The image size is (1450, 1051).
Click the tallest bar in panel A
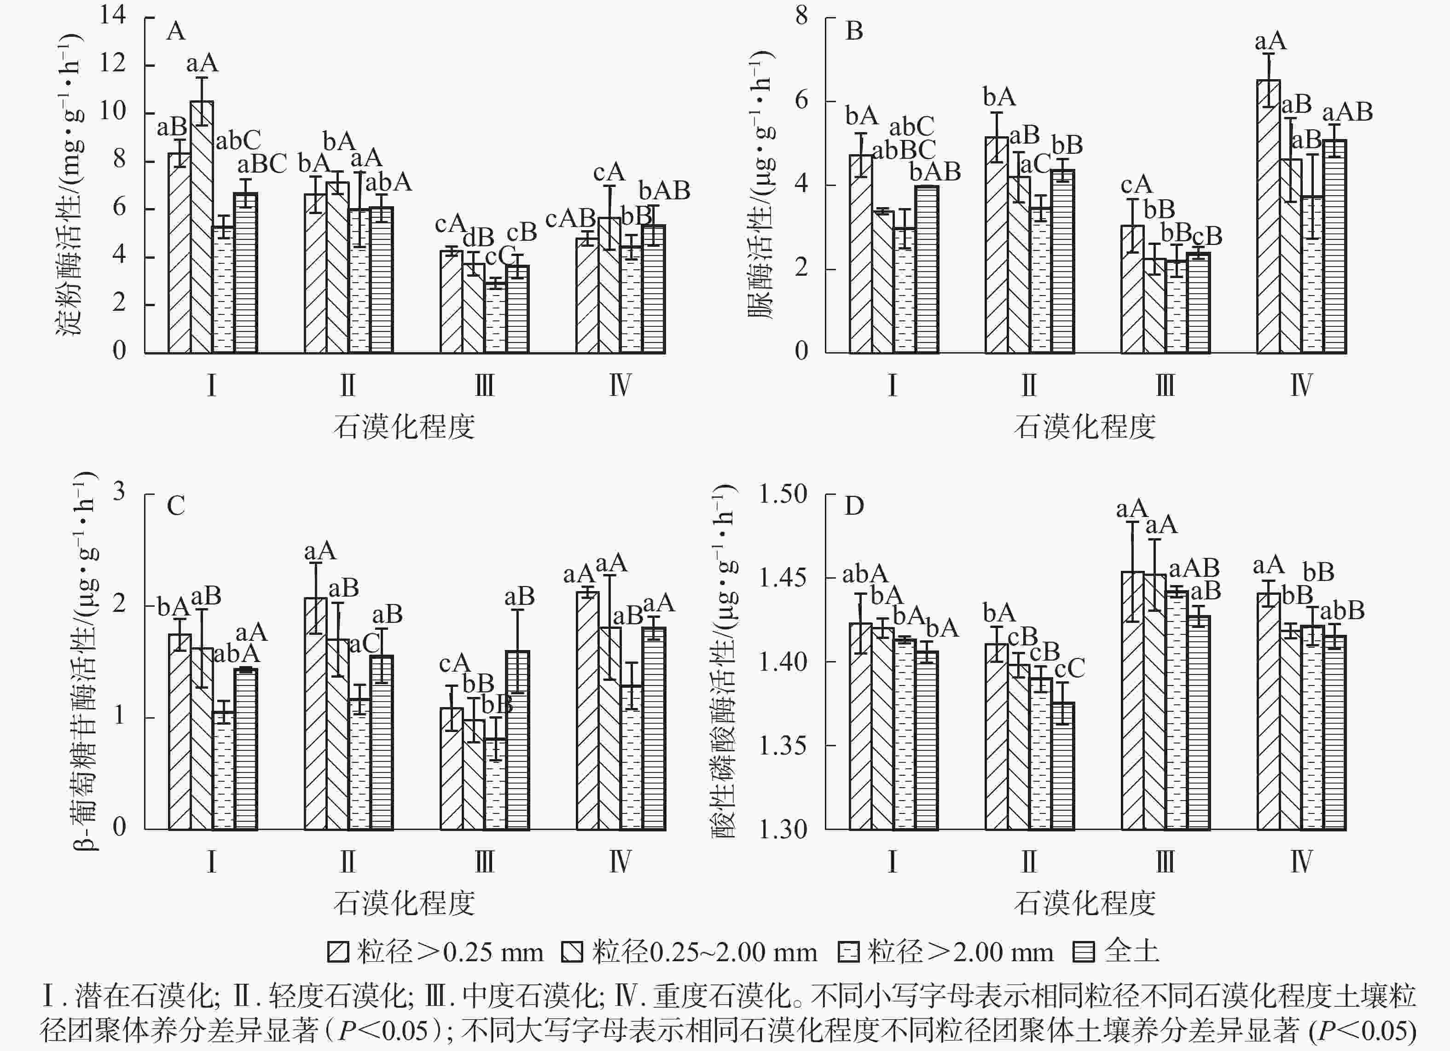[202, 227]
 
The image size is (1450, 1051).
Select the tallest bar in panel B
[1269, 217]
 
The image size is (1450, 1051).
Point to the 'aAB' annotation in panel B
[1347, 112]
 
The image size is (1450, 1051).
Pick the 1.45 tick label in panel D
[783, 578]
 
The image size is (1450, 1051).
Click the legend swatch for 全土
[1083, 952]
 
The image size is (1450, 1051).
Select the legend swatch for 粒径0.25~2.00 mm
[572, 952]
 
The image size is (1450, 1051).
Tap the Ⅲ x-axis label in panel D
[1165, 861]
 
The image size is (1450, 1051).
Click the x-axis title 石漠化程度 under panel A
[404, 426]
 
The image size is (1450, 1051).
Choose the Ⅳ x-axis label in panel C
[620, 861]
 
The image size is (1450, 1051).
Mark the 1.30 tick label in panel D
[783, 829]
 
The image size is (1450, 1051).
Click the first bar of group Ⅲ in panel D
[1133, 701]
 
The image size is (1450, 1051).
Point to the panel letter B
[854, 31]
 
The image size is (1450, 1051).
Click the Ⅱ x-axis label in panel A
[348, 385]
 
